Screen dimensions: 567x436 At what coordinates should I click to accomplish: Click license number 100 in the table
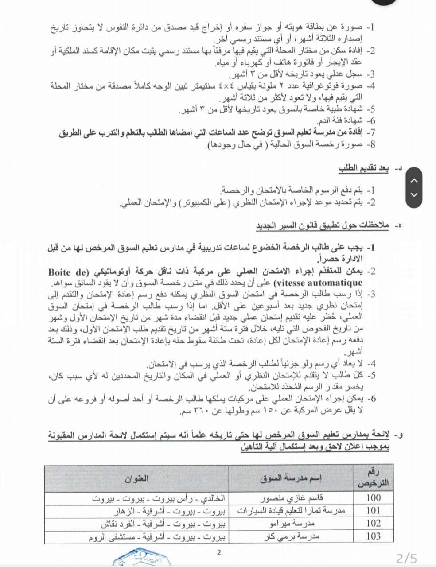point(373,497)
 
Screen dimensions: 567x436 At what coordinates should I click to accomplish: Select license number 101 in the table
point(373,510)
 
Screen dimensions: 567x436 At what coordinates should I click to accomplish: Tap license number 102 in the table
point(373,523)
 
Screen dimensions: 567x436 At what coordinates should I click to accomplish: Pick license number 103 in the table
point(373,536)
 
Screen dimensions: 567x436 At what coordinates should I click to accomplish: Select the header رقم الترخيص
point(373,478)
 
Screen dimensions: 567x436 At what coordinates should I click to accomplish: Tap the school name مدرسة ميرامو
point(298,524)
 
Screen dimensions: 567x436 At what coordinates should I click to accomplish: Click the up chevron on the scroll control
point(414,180)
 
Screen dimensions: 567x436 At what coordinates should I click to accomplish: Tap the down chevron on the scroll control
point(414,195)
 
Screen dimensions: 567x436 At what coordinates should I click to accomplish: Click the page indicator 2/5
point(406,559)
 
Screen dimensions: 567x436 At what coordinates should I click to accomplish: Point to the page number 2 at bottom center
point(218,552)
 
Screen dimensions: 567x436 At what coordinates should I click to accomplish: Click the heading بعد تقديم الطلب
point(363,168)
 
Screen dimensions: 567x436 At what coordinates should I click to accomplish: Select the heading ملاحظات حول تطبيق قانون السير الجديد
point(322,226)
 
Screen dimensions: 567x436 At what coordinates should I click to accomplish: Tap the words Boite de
point(69,272)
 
